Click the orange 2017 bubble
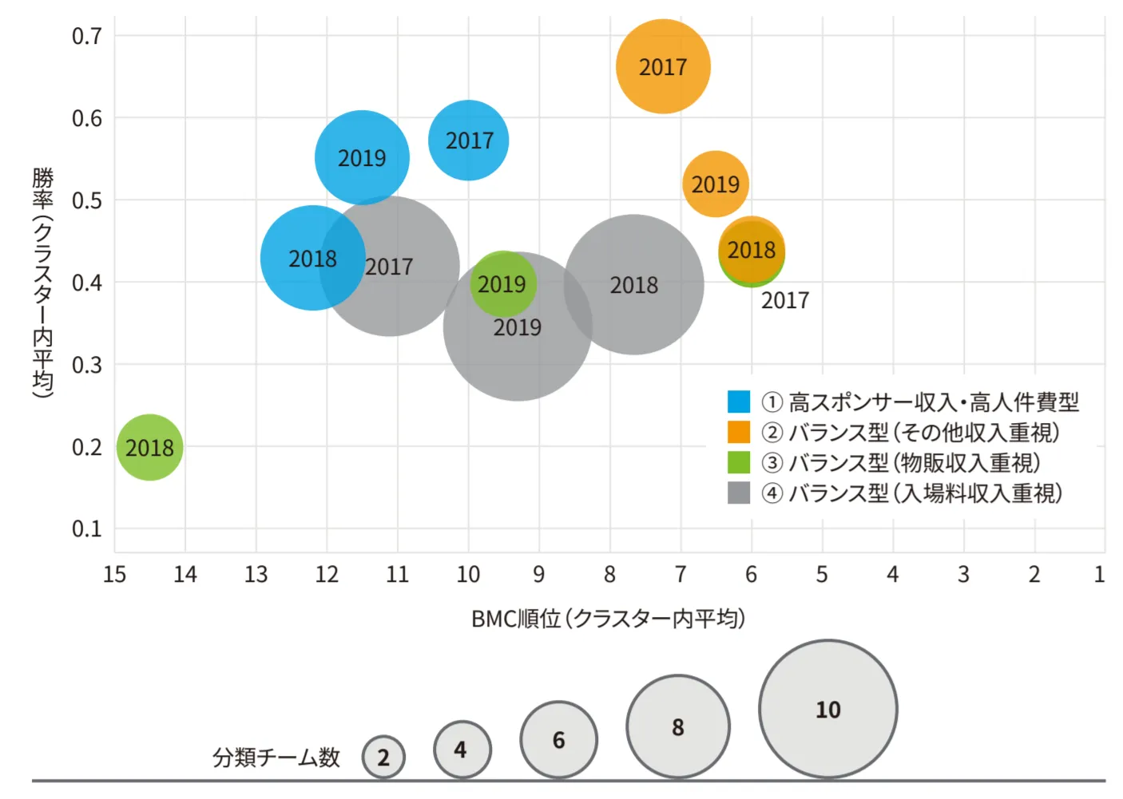click(663, 66)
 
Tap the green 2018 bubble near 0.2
click(149, 447)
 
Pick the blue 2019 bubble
click(362, 157)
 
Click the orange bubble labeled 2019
click(716, 184)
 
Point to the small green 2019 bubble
click(502, 283)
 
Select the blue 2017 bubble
click(469, 140)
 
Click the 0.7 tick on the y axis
click(87, 36)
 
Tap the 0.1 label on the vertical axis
click(87, 528)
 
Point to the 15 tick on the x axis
click(114, 574)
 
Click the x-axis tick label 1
click(1099, 574)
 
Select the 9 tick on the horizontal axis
click(539, 574)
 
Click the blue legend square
click(739, 401)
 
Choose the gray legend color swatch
click(739, 492)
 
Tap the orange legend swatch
click(739, 432)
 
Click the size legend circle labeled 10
click(828, 709)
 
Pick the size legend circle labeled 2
click(383, 757)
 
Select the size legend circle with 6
click(558, 740)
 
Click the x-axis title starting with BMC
click(608, 619)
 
